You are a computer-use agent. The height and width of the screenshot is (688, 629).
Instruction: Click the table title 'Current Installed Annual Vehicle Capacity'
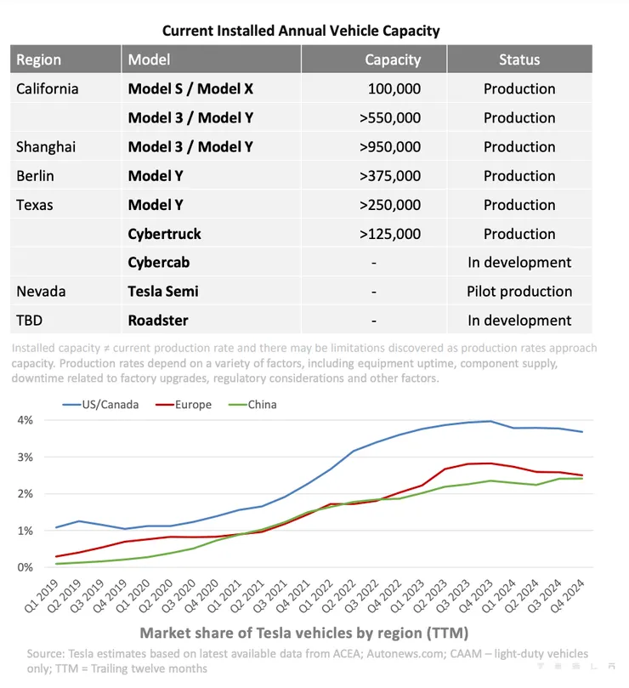[302, 31]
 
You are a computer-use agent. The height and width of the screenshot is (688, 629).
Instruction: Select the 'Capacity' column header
[393, 60]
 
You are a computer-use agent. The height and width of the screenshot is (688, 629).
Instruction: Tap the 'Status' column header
[519, 60]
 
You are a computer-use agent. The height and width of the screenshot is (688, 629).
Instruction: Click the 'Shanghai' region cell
[46, 146]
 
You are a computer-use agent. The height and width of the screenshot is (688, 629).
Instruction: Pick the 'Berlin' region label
[35, 176]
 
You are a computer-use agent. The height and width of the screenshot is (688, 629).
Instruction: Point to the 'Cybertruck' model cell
[164, 234]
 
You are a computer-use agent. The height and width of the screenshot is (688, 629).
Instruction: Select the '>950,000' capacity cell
[390, 146]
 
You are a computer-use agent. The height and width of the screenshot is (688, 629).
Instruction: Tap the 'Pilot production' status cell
[519, 291]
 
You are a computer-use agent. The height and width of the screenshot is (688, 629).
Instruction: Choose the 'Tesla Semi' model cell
[163, 291]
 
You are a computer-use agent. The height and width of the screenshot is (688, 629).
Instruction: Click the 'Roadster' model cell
[158, 321]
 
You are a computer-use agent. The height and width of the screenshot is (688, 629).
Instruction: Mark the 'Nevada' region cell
[41, 291]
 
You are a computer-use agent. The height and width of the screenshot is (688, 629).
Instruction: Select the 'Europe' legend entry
[191, 404]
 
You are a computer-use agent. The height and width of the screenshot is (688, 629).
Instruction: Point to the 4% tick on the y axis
[24, 420]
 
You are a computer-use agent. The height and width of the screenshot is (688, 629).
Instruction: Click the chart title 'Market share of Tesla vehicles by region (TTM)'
[303, 634]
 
